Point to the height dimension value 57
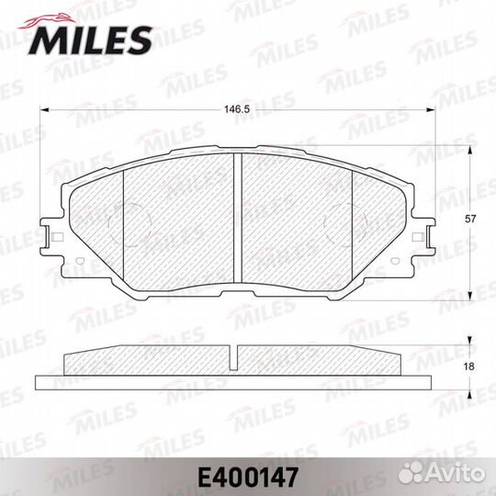pyautogui.click(x=470, y=219)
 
